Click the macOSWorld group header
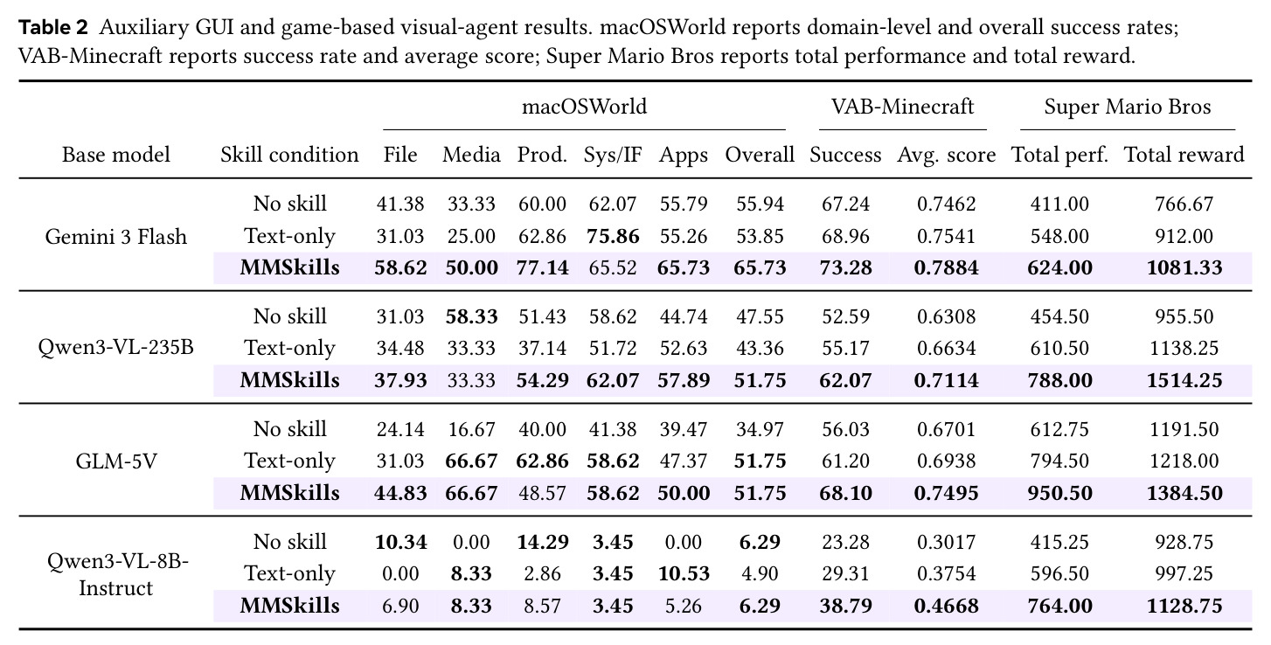pyautogui.click(x=584, y=107)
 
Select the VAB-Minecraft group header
pyautogui.click(x=902, y=107)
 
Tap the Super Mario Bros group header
pyautogui.click(x=1128, y=107)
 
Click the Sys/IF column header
pyautogui.click(x=613, y=155)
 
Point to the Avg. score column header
pyautogui.click(x=946, y=155)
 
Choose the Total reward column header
pyautogui.click(x=1184, y=155)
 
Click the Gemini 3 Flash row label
pyautogui.click(x=115, y=236)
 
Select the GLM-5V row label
pyautogui.click(x=115, y=461)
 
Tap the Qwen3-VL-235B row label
pyautogui.click(x=115, y=347)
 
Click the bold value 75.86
pyautogui.click(x=613, y=236)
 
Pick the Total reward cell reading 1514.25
pyautogui.click(x=1184, y=380)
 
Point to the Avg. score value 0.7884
pyautogui.click(x=946, y=267)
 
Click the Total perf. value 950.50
pyautogui.click(x=1059, y=493)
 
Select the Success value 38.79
pyautogui.click(x=845, y=606)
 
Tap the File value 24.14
pyautogui.click(x=400, y=429)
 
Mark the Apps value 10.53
pyautogui.click(x=684, y=573)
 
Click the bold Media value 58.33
pyautogui.click(x=471, y=316)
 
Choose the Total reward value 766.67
pyautogui.click(x=1184, y=204)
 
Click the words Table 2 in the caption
pyautogui.click(x=53, y=27)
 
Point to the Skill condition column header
pyautogui.click(x=289, y=155)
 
